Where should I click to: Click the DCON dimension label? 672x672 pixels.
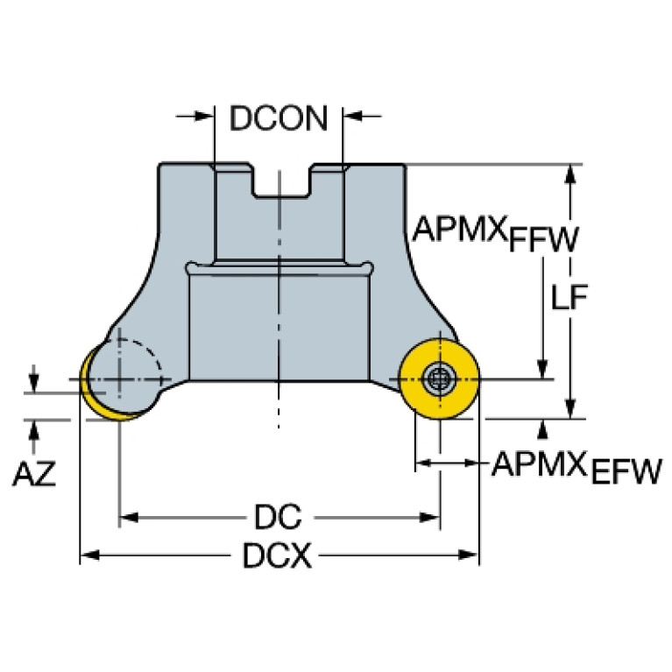tap(279, 118)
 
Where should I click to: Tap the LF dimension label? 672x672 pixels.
tap(569, 299)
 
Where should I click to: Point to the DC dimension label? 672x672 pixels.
tap(278, 518)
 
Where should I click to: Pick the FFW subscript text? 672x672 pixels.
tap(543, 240)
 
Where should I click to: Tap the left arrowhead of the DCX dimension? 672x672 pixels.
tap(88, 555)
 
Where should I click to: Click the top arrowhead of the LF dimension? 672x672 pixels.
tap(571, 173)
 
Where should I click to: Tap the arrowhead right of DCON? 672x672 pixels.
tap(352, 116)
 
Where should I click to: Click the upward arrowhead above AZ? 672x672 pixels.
tap(34, 428)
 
